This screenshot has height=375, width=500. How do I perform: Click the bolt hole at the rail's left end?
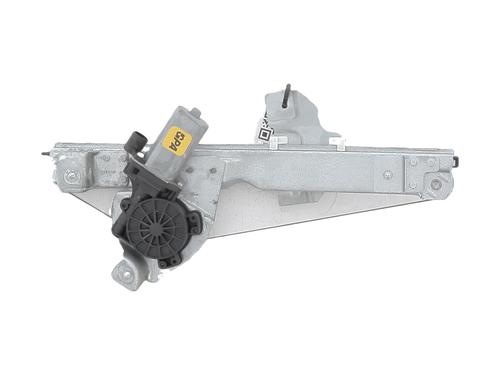69,177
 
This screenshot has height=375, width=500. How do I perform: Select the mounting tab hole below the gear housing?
125,270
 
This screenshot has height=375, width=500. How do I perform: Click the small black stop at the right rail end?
456,161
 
